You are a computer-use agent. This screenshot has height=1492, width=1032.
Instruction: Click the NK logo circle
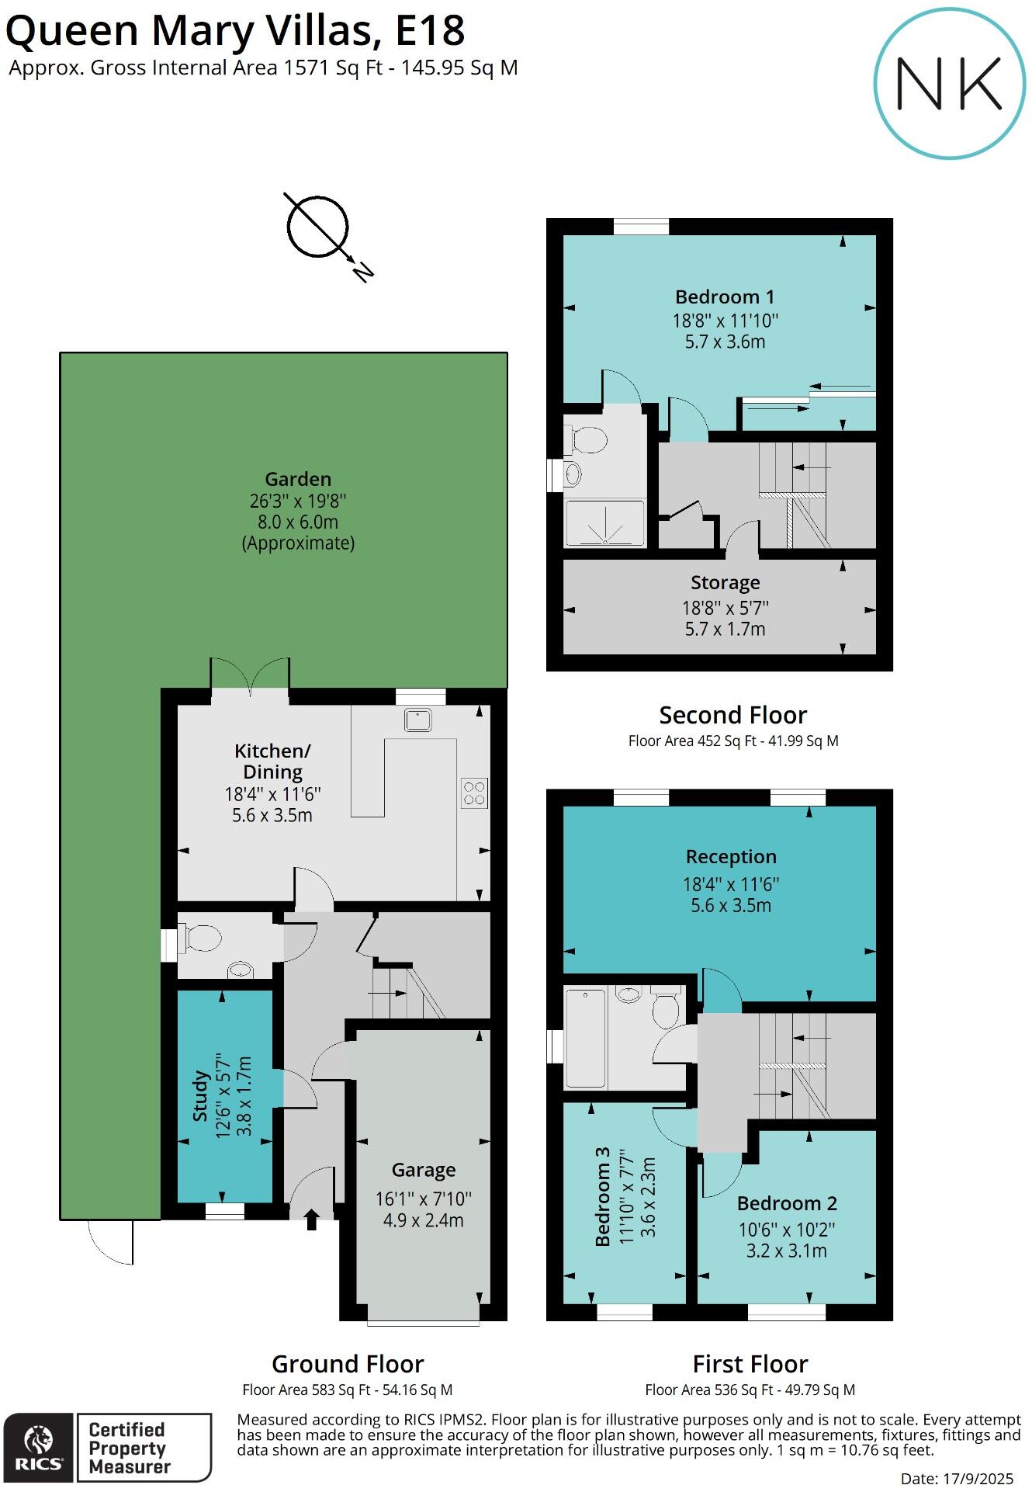point(950,84)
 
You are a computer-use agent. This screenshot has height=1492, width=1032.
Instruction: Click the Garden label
point(298,480)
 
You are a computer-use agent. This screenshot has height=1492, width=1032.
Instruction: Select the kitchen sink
point(417,720)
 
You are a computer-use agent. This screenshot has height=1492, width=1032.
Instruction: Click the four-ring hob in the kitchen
point(474,793)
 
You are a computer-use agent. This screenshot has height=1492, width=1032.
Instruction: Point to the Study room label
point(200,1095)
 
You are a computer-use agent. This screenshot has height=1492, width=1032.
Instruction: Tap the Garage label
point(424,1170)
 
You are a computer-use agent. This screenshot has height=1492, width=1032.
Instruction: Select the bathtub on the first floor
point(585,1039)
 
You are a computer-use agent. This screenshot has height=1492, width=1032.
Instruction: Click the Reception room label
point(731,857)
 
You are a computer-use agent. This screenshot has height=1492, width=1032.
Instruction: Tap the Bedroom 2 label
point(787,1203)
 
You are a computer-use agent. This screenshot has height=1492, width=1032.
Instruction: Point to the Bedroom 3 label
point(602,1197)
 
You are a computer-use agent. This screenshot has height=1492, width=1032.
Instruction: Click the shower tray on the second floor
point(604,524)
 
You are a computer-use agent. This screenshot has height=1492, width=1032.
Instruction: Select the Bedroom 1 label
point(725,297)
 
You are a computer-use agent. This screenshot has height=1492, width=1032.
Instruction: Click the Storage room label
point(726,583)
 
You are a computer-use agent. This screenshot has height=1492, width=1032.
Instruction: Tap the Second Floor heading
point(732,715)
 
